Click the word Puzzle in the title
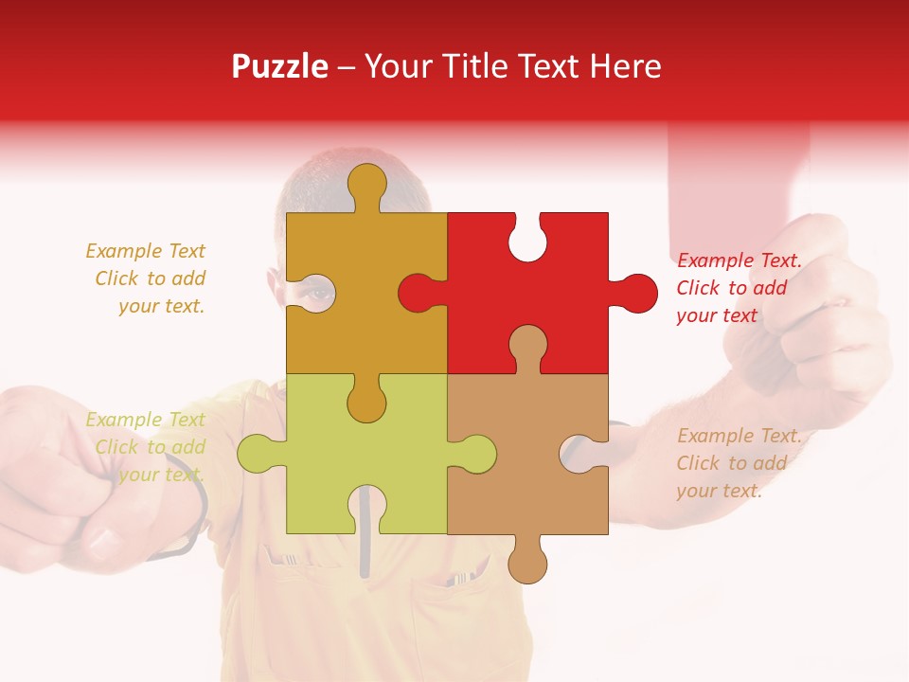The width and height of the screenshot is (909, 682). click(x=280, y=67)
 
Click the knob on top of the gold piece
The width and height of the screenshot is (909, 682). click(x=366, y=186)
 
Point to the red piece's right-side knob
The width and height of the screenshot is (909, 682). click(x=634, y=293)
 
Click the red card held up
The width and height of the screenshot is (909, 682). click(x=739, y=180)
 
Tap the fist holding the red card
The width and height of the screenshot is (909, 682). click(x=824, y=313)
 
